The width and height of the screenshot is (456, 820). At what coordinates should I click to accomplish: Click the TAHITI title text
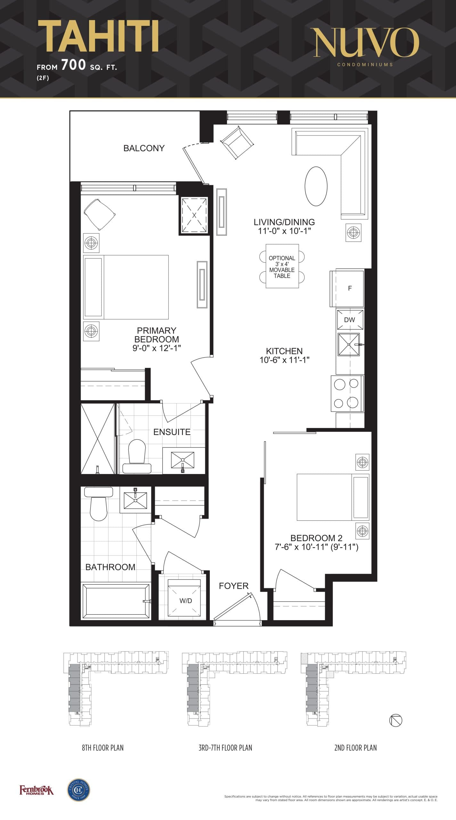pos(98,36)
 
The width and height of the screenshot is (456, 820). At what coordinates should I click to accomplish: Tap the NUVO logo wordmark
pos(366,42)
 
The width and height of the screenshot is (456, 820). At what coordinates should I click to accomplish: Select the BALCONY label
pos(144,148)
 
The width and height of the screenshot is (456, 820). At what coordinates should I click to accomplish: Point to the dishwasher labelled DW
pos(350,319)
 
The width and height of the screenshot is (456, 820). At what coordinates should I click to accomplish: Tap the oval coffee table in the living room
pos(316,186)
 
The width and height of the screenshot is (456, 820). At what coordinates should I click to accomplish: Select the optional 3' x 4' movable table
pos(282,266)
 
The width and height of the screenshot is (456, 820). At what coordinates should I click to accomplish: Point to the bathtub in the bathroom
pos(116,601)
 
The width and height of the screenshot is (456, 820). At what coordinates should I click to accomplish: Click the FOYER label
pos(233,586)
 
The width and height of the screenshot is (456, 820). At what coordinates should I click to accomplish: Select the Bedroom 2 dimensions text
pos(316,547)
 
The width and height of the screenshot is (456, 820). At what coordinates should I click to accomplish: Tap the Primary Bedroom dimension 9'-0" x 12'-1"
pos(157,348)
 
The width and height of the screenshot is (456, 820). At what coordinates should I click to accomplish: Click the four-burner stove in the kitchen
pos(347,393)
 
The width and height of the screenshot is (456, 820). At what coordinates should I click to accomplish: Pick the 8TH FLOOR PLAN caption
pos(102,748)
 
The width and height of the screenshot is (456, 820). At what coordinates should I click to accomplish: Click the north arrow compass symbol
pos(395,720)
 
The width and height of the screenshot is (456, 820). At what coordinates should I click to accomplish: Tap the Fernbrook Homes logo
pos(37,791)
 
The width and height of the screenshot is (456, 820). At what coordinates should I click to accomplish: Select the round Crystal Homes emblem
pos(78,790)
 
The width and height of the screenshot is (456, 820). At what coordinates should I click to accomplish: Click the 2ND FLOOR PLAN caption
pos(355,748)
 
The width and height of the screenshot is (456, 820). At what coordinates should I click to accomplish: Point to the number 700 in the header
pos(73,65)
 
